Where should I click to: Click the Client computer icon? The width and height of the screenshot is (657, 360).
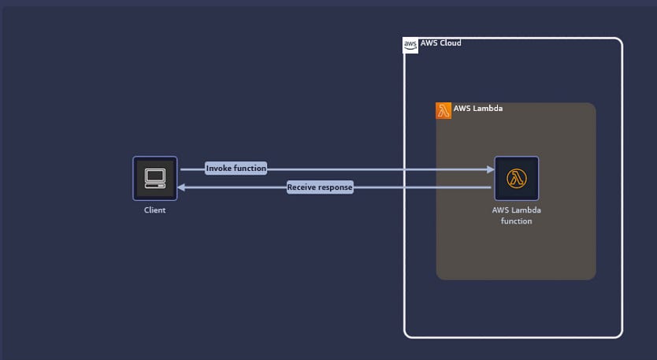tap(155, 179)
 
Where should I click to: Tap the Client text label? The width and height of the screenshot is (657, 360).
tap(154, 210)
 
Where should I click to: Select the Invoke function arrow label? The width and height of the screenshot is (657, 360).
tap(236, 168)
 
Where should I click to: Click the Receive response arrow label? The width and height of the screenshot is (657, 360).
tap(320, 187)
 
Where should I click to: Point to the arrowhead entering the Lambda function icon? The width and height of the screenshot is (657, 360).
tap(491, 169)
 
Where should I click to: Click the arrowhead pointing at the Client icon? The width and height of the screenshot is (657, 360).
tap(181, 187)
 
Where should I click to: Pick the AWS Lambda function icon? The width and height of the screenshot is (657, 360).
tap(516, 179)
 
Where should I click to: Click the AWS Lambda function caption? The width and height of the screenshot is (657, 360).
tap(516, 215)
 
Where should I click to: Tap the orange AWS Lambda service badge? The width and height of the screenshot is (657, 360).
tap(444, 110)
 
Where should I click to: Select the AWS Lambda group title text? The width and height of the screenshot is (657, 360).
tap(478, 108)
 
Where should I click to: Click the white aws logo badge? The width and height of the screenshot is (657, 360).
tap(410, 45)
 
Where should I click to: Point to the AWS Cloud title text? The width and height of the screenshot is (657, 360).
tap(441, 43)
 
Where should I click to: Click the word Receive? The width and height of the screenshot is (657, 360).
tap(301, 187)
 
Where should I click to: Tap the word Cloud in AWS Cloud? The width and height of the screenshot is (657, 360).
tap(451, 43)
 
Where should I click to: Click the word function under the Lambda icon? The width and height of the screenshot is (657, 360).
tap(516, 221)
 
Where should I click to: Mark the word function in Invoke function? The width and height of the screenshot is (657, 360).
tap(250, 168)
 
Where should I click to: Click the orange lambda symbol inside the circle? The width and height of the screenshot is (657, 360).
tap(516, 178)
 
